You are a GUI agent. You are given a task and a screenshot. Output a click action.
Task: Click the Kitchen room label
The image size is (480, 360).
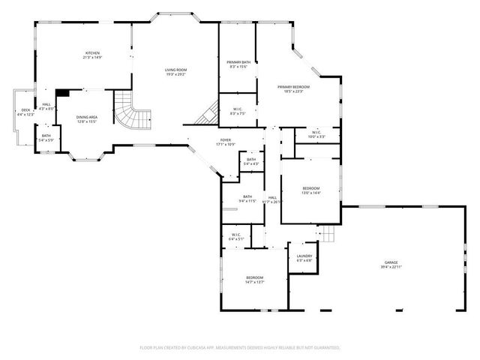point(92,55)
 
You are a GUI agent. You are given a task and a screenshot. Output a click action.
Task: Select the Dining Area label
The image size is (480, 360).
point(87,119)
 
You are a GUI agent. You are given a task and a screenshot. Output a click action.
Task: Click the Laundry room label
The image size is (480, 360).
point(304,258)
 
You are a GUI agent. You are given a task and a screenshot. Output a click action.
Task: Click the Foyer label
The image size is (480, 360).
point(225,142)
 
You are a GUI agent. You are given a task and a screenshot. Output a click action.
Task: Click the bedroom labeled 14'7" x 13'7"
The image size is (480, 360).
point(255,280)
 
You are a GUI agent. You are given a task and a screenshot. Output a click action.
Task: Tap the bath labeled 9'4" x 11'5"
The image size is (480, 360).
point(247,199)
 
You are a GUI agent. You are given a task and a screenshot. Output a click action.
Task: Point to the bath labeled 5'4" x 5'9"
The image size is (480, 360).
point(46,138)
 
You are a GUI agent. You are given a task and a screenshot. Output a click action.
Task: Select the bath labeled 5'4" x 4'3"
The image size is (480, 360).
point(251,161)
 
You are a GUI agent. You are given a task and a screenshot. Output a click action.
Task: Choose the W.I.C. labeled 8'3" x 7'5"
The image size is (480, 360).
point(237,111)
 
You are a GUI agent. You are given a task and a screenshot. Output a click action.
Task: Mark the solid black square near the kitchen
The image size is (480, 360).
point(63,94)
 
